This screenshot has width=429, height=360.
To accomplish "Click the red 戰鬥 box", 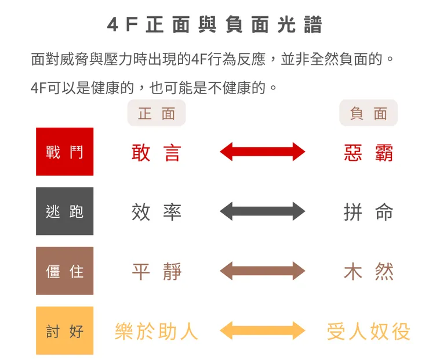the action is point(64,152).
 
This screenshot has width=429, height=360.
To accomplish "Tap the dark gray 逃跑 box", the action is point(64,211).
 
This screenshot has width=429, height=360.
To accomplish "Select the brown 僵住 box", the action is point(64,271).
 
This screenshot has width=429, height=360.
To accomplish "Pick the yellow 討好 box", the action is point(64,331).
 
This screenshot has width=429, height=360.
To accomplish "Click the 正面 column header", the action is point(157,113).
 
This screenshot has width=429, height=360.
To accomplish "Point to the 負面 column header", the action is point(369,113).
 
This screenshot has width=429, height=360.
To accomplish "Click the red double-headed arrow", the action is point(263,152).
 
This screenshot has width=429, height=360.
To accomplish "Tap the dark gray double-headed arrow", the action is point(263,211).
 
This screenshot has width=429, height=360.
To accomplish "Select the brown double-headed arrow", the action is point(263,271).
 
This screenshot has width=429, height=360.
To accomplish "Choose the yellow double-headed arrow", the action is point(263,331).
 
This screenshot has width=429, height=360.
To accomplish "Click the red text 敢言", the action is point(156,153).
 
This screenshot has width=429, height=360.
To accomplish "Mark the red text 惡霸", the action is point(369,153).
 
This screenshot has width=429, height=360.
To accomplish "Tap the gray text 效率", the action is point(156,212).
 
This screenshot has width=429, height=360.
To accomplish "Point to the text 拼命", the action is point(369,212).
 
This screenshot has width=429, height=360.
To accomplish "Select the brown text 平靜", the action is point(157,272).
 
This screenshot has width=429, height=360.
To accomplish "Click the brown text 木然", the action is point(369,272).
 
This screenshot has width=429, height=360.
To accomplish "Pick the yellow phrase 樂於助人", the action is point(156,331).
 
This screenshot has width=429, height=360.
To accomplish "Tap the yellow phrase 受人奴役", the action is point(369,331).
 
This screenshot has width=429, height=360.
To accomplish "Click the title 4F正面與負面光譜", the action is point(214,24).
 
